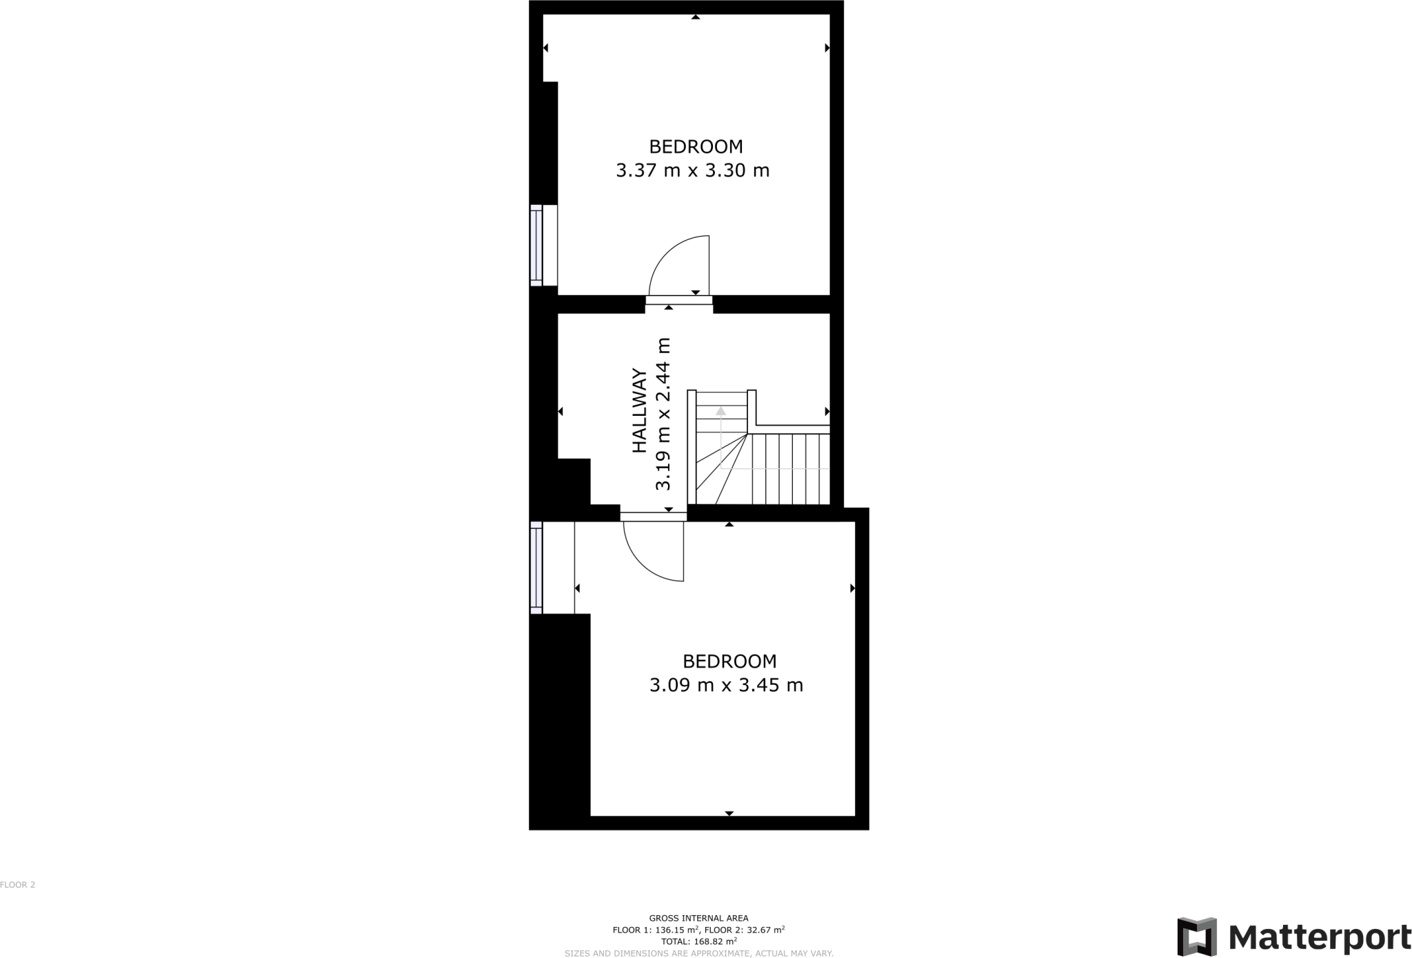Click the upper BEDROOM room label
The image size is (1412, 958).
[696, 146]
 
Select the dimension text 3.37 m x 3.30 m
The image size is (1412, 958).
[692, 170]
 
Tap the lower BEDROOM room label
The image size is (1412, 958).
[729, 661]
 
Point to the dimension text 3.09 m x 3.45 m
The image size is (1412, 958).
[726, 686]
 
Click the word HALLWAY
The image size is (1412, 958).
[640, 411]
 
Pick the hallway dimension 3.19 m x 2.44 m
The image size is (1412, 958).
[663, 414]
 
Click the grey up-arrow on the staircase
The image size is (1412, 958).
[720, 412]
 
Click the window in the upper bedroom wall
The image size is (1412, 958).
[536, 245]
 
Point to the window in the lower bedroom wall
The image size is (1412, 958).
[536, 567]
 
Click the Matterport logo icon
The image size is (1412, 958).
[1196, 937]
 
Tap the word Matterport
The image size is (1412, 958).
[1319, 937]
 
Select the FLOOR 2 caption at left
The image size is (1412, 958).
[17, 885]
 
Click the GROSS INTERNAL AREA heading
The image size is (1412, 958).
[698, 918]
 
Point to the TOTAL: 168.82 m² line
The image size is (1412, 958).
[698, 941]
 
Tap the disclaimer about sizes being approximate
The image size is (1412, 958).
[698, 953]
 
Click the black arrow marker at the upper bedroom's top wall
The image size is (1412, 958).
[696, 17]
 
